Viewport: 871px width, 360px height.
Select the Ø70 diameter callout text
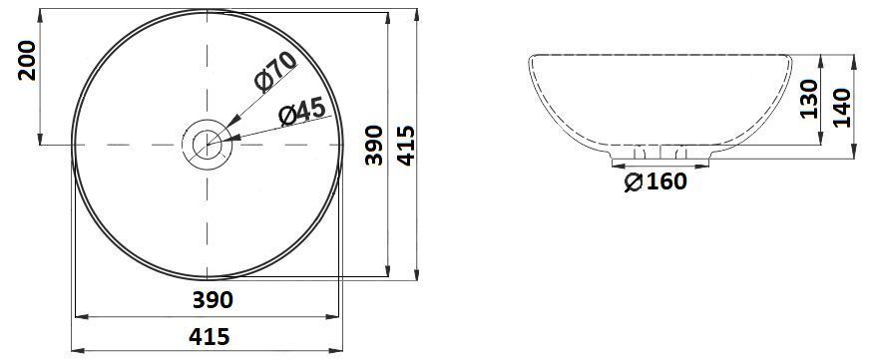275,72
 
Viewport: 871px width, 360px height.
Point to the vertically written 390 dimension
373,146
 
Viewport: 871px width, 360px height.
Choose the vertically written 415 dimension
404,146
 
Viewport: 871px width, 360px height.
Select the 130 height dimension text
810,101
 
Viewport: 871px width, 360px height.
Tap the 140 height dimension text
841,107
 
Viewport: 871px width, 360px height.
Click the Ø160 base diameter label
654,181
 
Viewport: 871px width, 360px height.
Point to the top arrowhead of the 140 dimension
854,60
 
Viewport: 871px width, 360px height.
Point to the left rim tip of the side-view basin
529,61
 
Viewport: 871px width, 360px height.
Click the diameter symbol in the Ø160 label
632,181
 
